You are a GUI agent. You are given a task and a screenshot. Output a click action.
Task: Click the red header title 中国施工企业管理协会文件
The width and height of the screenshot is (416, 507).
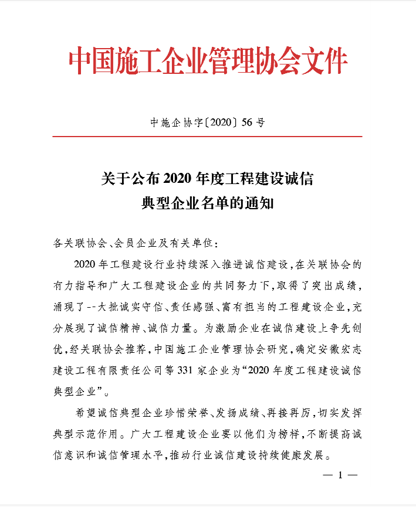coord(208,60)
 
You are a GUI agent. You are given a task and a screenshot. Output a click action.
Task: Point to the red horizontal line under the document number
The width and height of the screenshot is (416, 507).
coord(208,136)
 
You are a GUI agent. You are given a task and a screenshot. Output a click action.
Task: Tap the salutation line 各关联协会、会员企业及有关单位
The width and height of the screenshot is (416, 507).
coord(137,243)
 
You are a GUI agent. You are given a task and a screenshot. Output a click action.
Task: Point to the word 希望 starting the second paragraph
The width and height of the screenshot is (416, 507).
coord(86,413)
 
